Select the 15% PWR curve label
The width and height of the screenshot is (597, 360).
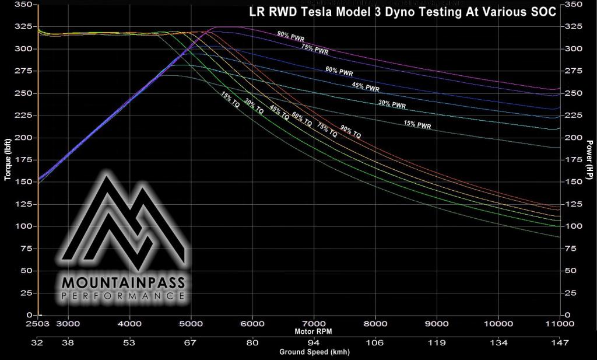point(417,124)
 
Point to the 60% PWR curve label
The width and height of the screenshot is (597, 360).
point(339,72)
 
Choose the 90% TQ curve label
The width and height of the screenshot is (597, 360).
point(350,132)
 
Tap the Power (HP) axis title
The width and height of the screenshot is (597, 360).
point(589,159)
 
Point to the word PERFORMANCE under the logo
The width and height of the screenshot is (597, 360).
point(123,297)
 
